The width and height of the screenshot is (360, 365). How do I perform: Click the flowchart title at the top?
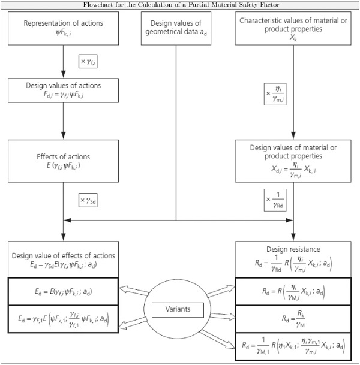pyautogui.click(x=180, y=5)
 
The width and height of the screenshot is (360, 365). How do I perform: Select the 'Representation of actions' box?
pyautogui.click(x=63, y=28)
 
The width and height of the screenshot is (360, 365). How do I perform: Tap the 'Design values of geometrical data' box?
pyautogui.click(x=176, y=28)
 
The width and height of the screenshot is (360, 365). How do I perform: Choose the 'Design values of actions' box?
pyautogui.click(x=63, y=89)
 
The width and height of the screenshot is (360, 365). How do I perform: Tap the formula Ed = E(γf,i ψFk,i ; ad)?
pyautogui.click(x=63, y=292)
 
